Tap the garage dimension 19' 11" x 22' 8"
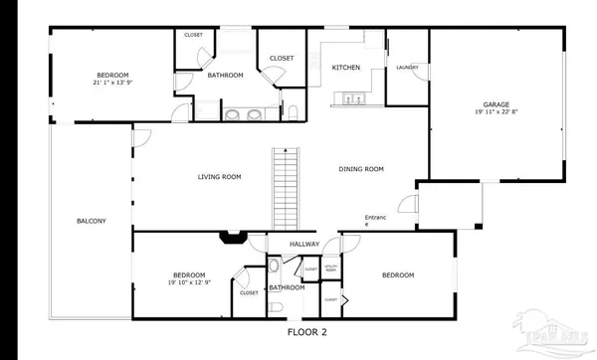point(496,111)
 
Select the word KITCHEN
point(345,67)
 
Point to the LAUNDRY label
point(406,68)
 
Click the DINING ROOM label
point(360,169)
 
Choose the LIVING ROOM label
point(219,177)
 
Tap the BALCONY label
point(91,221)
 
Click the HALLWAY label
point(303,244)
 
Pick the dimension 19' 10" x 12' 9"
point(188,282)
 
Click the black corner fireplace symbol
point(233,238)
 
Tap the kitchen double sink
point(350,97)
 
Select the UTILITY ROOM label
point(332,268)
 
